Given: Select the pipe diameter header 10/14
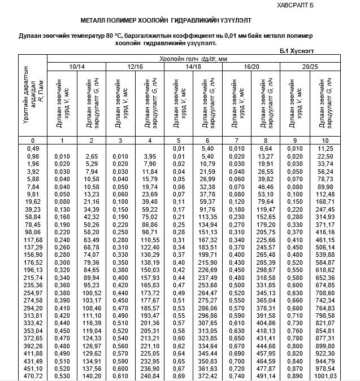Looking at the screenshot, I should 77,67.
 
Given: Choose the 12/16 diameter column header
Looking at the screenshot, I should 136,67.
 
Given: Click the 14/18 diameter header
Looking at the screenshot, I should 193,67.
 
